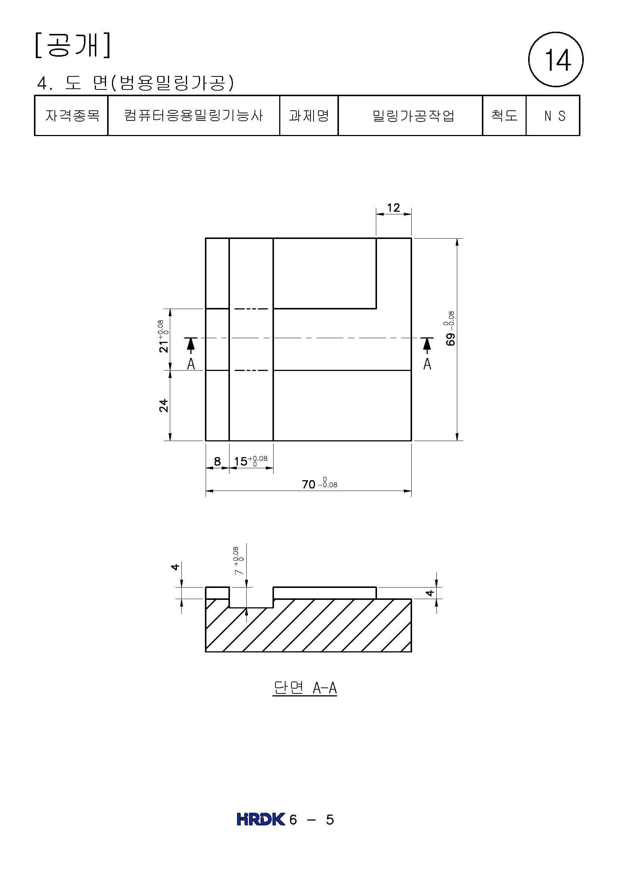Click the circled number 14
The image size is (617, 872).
click(556, 60)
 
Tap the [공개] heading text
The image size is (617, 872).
click(73, 45)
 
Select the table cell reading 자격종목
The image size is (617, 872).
click(72, 116)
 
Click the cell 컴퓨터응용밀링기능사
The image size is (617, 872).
click(194, 116)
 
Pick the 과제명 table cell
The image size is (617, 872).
click(309, 116)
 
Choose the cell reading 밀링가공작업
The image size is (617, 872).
click(410, 116)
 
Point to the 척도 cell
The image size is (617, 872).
click(505, 116)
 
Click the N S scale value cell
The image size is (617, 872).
click(553, 116)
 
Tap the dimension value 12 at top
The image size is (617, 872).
click(393, 208)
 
